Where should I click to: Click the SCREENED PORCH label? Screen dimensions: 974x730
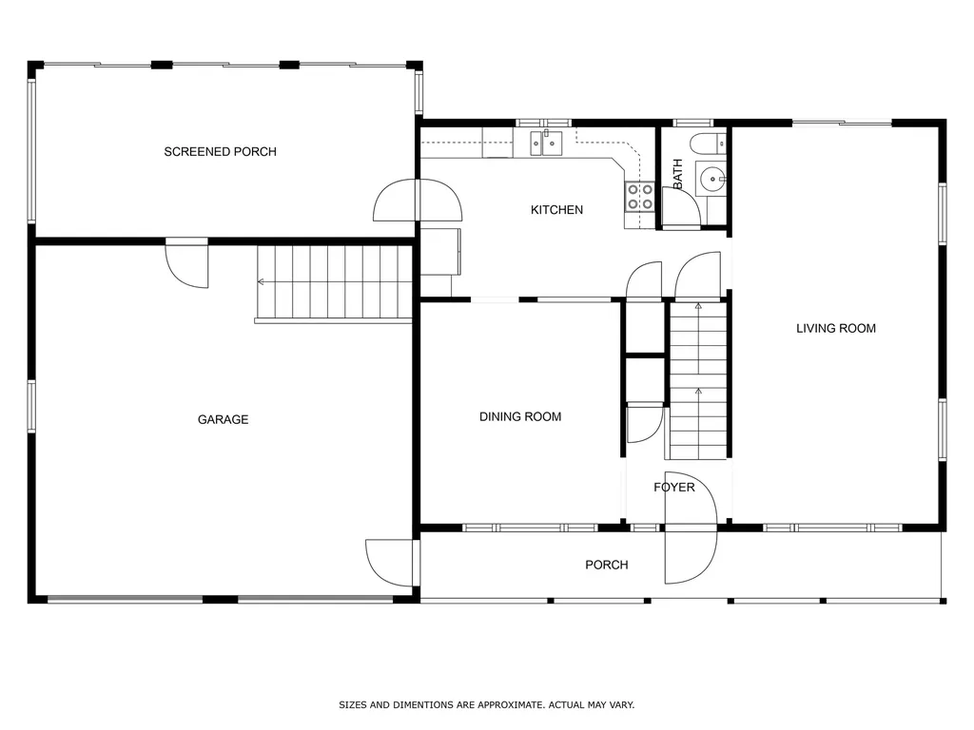(220, 152)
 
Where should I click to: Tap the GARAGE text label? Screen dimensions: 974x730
(223, 419)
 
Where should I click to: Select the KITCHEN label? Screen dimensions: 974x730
(556, 210)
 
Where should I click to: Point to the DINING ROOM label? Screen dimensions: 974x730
(519, 416)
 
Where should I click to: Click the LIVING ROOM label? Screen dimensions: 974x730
(835, 329)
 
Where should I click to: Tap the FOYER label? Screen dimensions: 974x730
(673, 488)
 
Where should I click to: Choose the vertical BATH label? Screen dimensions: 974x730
(678, 173)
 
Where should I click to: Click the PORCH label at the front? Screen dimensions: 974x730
(606, 565)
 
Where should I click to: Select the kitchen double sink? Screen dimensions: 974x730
(546, 144)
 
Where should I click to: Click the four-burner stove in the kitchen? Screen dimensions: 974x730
(639, 196)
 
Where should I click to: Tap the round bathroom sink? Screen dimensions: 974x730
(711, 177)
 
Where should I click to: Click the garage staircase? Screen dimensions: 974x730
(333, 282)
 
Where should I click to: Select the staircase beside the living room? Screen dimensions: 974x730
(698, 380)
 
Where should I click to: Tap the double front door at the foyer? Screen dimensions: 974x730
(689, 528)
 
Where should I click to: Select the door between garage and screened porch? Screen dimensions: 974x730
(187, 262)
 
